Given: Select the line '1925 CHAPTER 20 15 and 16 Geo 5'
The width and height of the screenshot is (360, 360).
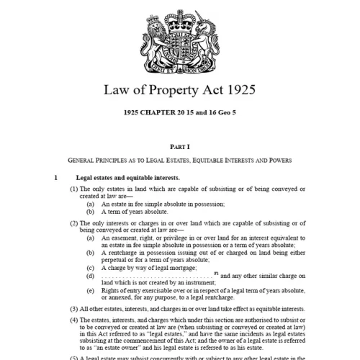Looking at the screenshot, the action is tap(180, 114).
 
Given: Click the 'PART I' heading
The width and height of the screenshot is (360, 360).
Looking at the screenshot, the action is tap(180, 146).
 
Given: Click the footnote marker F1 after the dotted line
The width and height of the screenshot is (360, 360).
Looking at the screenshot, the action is tap(215, 274).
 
